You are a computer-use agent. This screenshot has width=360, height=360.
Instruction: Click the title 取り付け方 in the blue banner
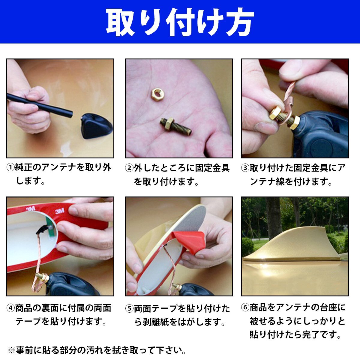(180, 22)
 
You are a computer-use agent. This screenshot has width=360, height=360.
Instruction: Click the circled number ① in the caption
(10, 167)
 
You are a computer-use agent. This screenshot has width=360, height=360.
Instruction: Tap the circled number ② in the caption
(129, 168)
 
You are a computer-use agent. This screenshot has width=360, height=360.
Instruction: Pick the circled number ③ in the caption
(245, 168)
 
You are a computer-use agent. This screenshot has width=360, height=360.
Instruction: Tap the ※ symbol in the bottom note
(11, 350)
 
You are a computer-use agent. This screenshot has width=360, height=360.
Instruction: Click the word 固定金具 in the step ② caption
(212, 168)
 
